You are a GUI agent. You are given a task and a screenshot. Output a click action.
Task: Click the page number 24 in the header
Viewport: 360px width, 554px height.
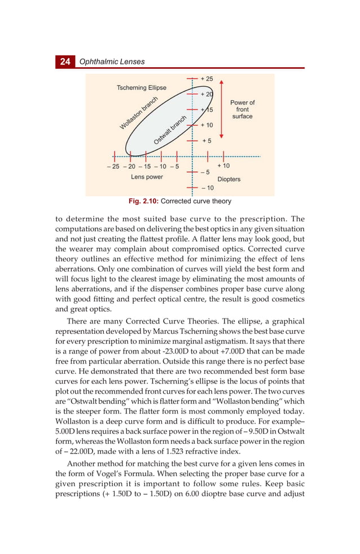(65, 62)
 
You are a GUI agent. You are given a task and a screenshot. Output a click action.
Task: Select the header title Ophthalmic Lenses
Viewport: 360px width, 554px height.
(112, 62)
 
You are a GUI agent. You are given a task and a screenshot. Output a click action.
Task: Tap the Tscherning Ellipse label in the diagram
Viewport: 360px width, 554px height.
(142, 88)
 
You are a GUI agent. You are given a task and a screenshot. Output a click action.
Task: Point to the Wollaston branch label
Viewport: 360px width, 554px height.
(138, 113)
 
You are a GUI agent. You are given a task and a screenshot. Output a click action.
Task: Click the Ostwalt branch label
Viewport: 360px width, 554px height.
(170, 130)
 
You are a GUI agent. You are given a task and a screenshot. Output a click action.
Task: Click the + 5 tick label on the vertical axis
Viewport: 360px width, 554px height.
(207, 141)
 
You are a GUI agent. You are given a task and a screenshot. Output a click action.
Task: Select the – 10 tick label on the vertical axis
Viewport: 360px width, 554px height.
(207, 187)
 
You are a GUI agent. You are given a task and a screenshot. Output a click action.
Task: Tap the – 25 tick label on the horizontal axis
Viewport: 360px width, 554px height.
(112, 167)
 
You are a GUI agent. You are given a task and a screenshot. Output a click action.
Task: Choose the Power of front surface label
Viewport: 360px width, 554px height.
(242, 110)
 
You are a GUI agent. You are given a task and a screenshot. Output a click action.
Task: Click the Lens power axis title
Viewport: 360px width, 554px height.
(147, 177)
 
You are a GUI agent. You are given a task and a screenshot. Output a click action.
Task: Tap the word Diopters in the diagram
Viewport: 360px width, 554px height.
(229, 179)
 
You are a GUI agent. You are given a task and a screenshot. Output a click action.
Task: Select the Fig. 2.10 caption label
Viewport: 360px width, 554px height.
(143, 201)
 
